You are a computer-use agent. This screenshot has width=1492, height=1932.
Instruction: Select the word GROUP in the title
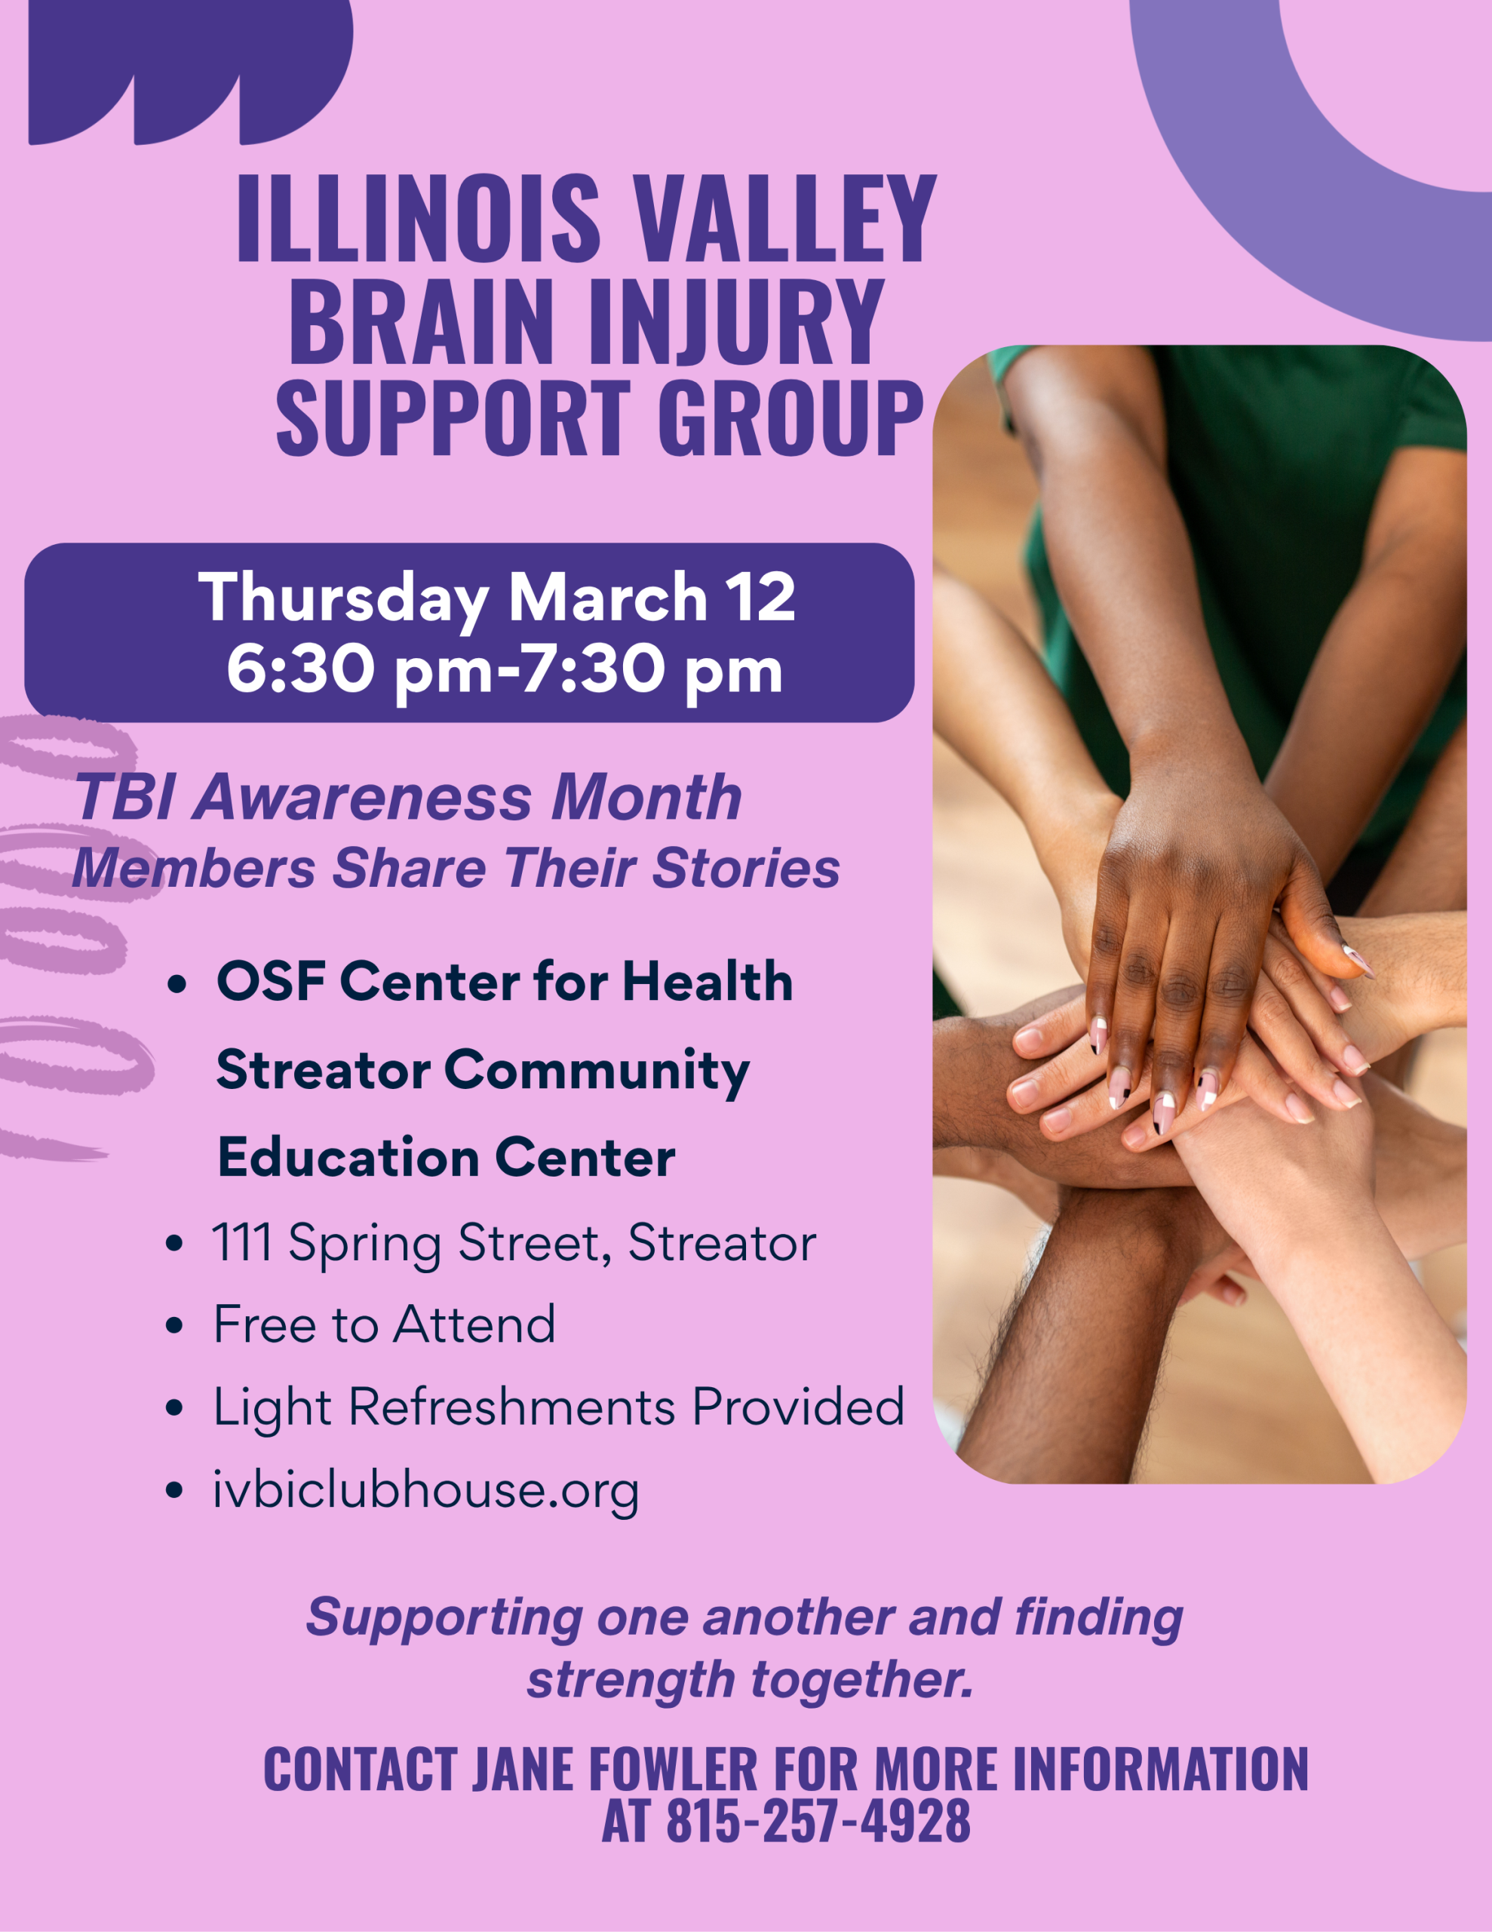(790, 417)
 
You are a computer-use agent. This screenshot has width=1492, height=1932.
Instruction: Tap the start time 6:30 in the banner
(301, 669)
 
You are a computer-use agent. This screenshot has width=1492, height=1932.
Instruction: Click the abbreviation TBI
(124, 797)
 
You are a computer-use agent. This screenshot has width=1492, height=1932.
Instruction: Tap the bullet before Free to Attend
(174, 1325)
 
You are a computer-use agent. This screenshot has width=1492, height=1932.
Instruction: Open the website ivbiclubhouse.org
(425, 1491)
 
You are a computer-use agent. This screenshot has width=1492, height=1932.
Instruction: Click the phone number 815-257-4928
(818, 1821)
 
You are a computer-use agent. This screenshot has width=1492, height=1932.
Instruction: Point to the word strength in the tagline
(631, 1680)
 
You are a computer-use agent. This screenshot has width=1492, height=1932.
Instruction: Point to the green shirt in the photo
(1282, 531)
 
